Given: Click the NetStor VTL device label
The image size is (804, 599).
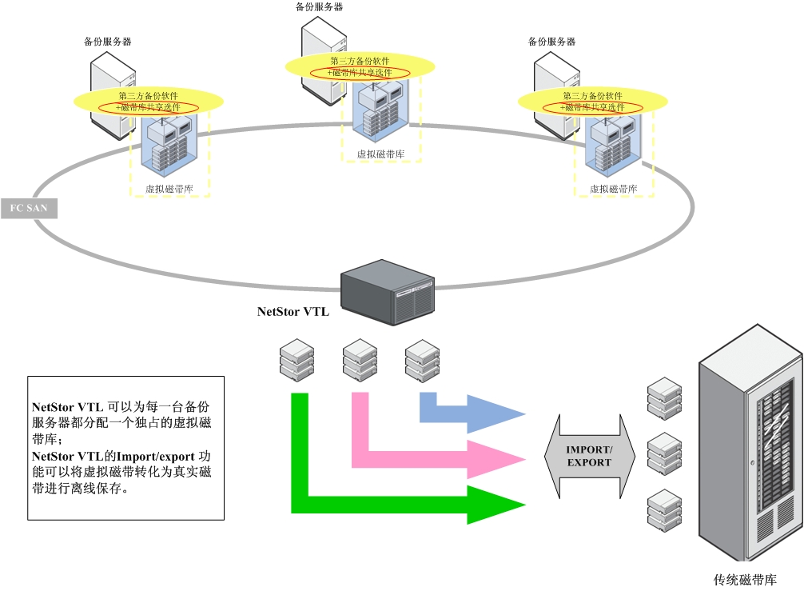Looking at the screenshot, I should [293, 312].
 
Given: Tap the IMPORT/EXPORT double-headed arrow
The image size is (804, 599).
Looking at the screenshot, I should [589, 457].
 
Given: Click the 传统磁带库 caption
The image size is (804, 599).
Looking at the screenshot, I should [745, 580].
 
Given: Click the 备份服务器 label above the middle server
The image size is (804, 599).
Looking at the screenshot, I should [320, 7].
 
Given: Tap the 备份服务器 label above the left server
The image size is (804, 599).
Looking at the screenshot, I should [108, 41].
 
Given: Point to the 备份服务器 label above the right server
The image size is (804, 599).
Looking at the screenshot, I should [552, 41].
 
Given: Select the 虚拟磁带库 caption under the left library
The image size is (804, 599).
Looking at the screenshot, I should [169, 190].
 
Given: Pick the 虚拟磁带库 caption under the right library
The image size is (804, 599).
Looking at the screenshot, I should [614, 190].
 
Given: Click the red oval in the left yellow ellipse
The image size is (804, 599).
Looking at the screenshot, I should [149, 107].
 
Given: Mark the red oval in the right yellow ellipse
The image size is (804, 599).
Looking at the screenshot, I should [593, 107].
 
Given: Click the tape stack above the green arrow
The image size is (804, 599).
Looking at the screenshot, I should [297, 361].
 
